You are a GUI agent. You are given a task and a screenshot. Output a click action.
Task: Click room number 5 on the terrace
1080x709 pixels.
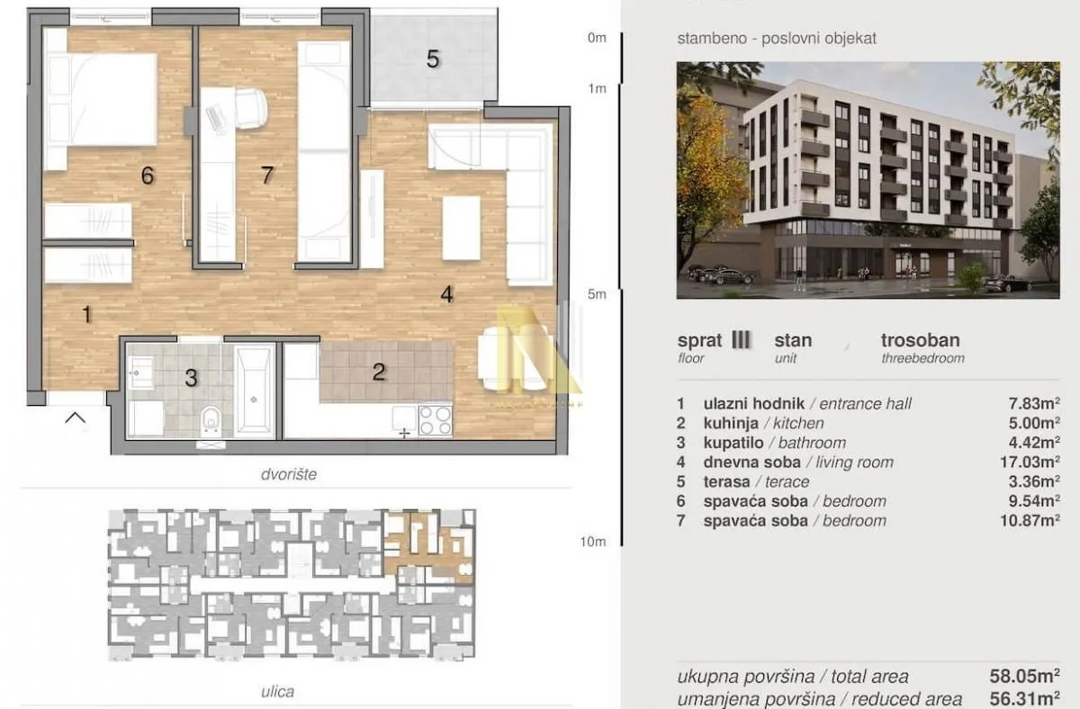pyautogui.click(x=433, y=58)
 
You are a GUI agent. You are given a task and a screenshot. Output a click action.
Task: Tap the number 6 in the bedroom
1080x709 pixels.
pyautogui.click(x=148, y=175)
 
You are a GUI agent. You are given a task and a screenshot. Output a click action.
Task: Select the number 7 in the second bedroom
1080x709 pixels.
pyautogui.click(x=267, y=175)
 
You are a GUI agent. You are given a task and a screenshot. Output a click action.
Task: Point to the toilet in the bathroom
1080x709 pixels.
pyautogui.click(x=211, y=420)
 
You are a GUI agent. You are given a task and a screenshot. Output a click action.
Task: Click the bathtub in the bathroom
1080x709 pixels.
pyautogui.click(x=255, y=390)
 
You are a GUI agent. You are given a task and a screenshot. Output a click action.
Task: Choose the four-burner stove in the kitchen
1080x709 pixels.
pyautogui.click(x=436, y=421)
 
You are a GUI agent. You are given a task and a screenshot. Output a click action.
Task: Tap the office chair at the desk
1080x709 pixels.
pyautogui.click(x=251, y=109)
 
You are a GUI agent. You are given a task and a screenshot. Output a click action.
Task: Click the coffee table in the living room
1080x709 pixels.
pyautogui.click(x=462, y=228)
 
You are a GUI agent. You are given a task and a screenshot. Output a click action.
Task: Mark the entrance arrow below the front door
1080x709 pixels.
pyautogui.click(x=76, y=417)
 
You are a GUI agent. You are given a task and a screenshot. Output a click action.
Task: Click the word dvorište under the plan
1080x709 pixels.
pyautogui.click(x=289, y=474)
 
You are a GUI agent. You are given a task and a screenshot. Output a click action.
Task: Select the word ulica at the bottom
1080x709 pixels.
pyautogui.click(x=278, y=692)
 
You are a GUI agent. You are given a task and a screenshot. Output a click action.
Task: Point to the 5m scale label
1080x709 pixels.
pyautogui.click(x=597, y=294)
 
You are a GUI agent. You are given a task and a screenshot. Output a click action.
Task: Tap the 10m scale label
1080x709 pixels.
pyautogui.click(x=593, y=542)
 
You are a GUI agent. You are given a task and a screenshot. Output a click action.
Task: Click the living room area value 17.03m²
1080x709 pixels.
pyautogui.click(x=1030, y=462)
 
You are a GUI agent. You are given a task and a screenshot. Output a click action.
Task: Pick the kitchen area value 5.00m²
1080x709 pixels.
pyautogui.click(x=1034, y=423)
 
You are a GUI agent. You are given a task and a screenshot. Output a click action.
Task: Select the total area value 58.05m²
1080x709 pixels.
pyautogui.click(x=1024, y=677)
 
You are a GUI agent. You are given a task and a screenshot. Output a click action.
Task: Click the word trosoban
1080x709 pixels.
pyautogui.click(x=921, y=340)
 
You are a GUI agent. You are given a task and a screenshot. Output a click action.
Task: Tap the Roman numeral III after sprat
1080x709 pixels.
pyautogui.click(x=741, y=340)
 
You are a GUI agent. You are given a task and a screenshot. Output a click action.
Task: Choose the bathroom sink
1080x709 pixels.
pyautogui.click(x=140, y=372)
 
